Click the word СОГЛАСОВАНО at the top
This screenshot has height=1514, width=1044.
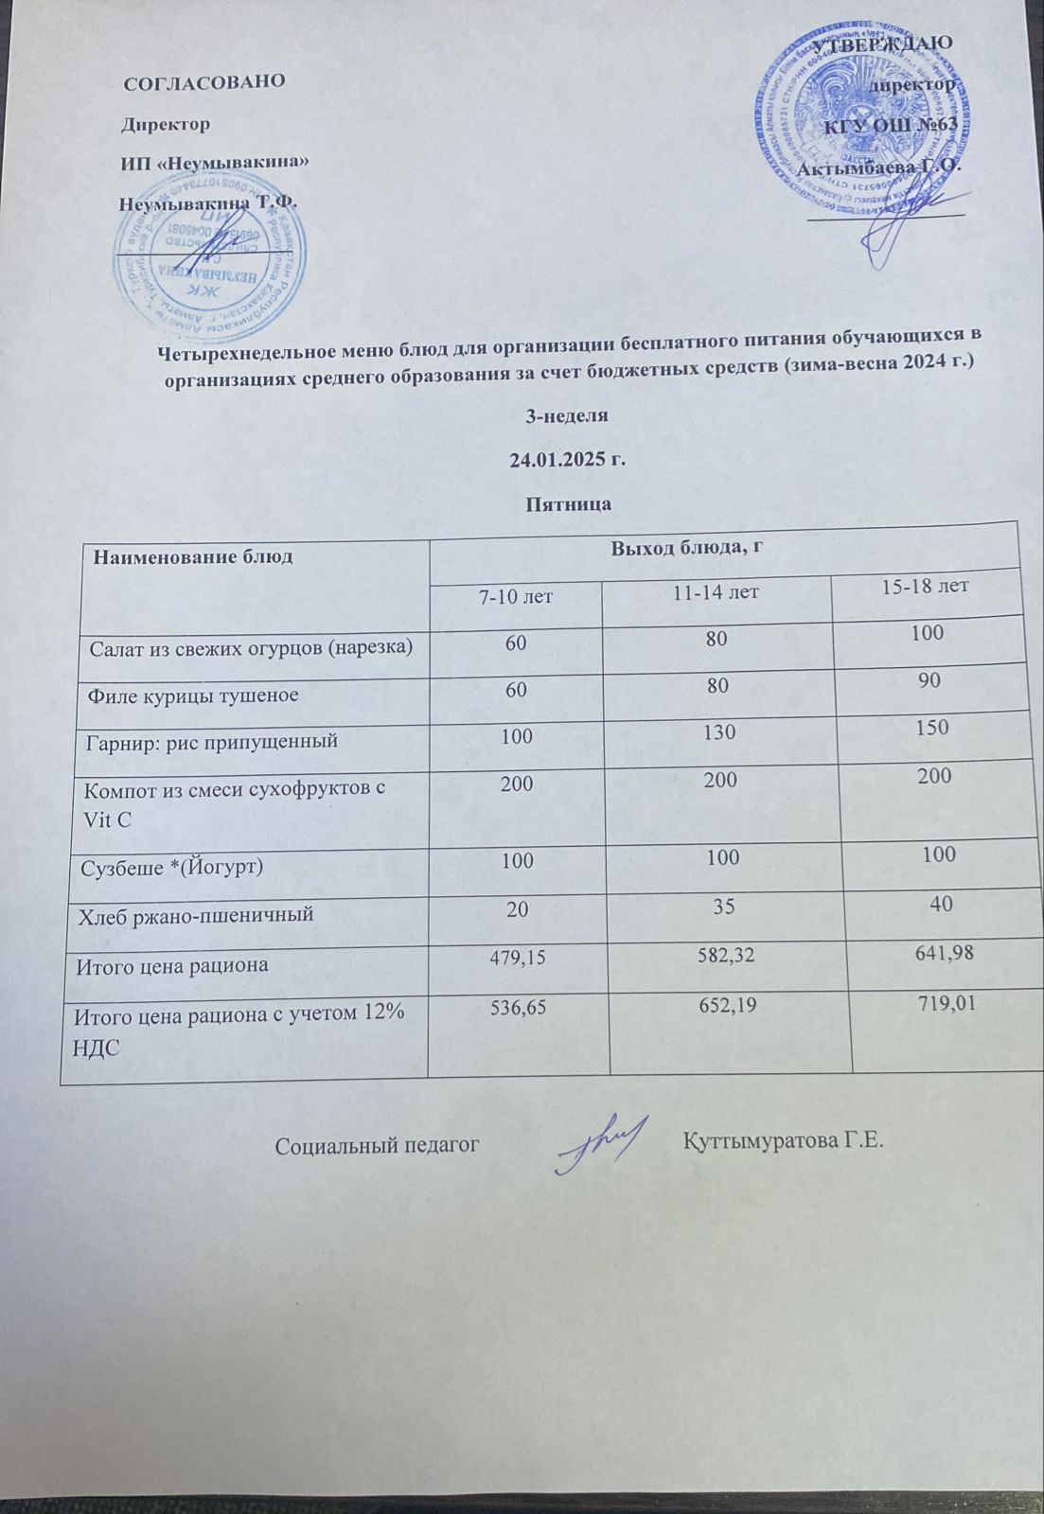click(x=204, y=81)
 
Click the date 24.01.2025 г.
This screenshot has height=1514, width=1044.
click(x=568, y=461)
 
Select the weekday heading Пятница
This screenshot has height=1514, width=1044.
click(x=568, y=504)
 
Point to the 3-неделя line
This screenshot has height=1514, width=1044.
click(x=567, y=415)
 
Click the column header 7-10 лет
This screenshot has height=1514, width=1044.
click(x=516, y=596)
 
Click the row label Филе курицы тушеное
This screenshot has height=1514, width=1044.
click(x=193, y=695)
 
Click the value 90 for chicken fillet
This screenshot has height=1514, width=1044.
click(x=929, y=680)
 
